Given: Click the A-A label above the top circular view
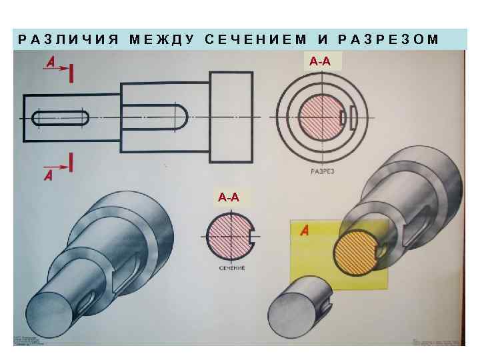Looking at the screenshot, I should [x=321, y=61].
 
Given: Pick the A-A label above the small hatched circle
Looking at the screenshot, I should [x=228, y=197].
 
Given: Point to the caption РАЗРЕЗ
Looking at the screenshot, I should [x=322, y=171].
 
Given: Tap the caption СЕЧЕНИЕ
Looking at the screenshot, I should [x=231, y=268].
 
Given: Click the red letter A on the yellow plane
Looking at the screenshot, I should [x=305, y=231].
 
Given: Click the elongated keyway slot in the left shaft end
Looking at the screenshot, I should [x=60, y=118].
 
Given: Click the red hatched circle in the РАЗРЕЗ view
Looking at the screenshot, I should [x=320, y=118].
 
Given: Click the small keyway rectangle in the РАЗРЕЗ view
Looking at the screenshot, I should [x=344, y=118].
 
